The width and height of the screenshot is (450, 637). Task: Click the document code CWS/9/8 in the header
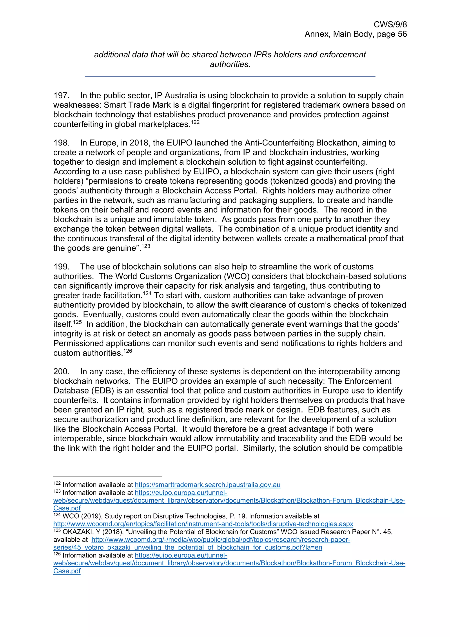point(390,24)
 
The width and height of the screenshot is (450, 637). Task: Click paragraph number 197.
point(61,95)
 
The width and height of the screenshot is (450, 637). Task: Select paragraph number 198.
point(61,143)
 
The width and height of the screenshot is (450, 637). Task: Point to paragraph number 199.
point(61,267)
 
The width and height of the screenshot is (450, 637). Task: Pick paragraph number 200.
point(61,371)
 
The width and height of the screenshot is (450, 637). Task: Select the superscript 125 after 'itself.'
point(78,322)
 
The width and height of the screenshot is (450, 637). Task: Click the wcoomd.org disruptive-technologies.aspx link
point(203,524)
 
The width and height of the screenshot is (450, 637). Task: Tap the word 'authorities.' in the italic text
point(230,64)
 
